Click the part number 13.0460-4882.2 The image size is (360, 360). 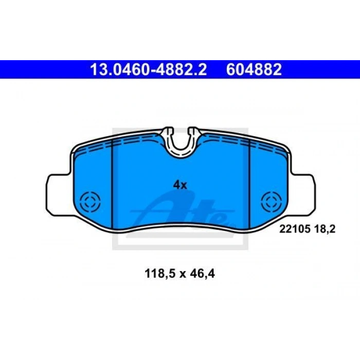click(x=148, y=69)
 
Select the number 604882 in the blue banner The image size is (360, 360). click(x=254, y=69)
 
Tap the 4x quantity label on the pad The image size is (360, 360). click(x=180, y=185)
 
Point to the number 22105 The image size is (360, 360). click(x=295, y=229)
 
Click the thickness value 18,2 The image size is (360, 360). click(x=325, y=229)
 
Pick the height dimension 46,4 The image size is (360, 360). click(x=202, y=274)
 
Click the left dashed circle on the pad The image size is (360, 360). click(x=91, y=202)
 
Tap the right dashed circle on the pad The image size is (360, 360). click(x=272, y=202)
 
